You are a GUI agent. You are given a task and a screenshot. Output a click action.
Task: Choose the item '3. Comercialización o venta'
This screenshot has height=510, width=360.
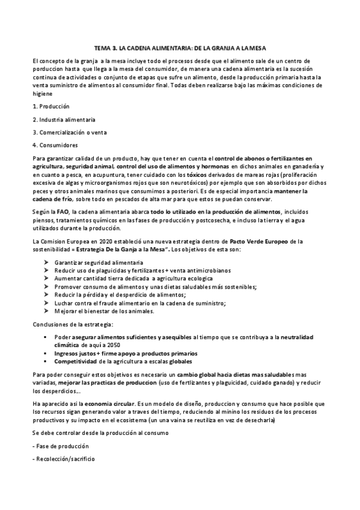pyautogui.click(x=70, y=132)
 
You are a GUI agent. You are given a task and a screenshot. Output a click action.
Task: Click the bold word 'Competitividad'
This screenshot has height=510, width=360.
pyautogui.click(x=76, y=362)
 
